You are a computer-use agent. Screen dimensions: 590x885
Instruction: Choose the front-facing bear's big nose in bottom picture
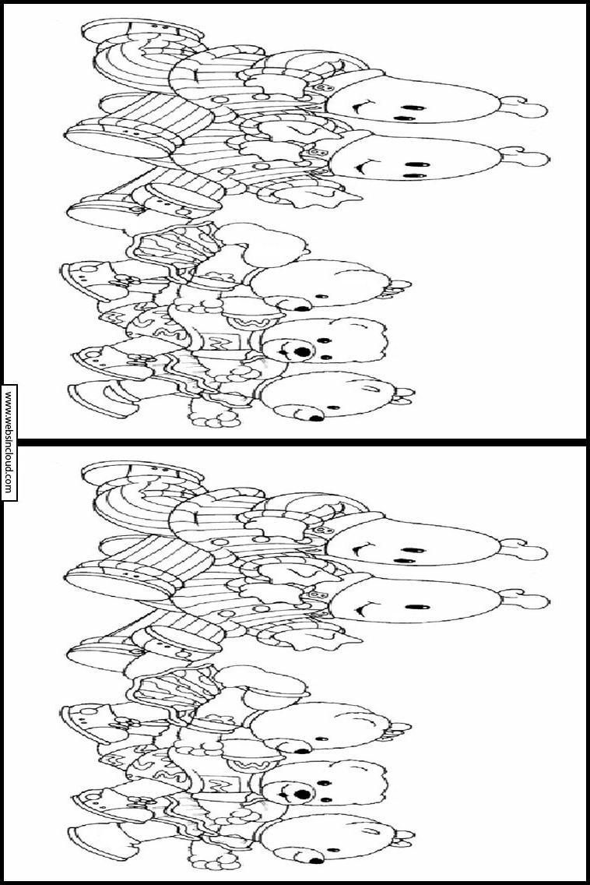[301, 794]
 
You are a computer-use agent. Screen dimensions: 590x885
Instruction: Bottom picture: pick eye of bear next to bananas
[322, 739]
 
